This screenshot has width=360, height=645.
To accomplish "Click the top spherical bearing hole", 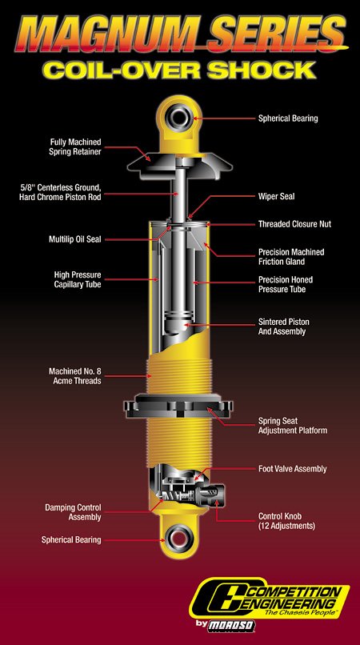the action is (x=179, y=116).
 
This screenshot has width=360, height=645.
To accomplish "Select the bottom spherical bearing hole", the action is (x=178, y=538).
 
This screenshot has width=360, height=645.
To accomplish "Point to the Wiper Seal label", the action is (x=276, y=196).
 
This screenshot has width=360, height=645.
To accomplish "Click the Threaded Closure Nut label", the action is (x=294, y=224).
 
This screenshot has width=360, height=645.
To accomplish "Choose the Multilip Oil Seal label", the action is (x=75, y=239).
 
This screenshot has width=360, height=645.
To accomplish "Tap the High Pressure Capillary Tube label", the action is (x=78, y=279).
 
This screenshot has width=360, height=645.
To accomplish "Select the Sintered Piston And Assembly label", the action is (x=283, y=327).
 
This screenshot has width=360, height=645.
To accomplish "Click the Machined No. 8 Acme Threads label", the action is (x=75, y=376).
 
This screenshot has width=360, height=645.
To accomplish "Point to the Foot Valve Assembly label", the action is (x=292, y=468).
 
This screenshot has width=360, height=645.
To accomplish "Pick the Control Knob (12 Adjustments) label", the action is (x=286, y=521).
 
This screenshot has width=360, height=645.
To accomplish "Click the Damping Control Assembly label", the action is (x=73, y=512).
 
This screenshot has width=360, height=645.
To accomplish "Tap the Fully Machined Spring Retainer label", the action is (x=76, y=146).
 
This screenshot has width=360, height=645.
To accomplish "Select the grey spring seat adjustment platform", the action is (x=178, y=406).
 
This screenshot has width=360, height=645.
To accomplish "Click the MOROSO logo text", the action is (x=231, y=625).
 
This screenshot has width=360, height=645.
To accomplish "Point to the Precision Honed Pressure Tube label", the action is (x=286, y=284).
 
